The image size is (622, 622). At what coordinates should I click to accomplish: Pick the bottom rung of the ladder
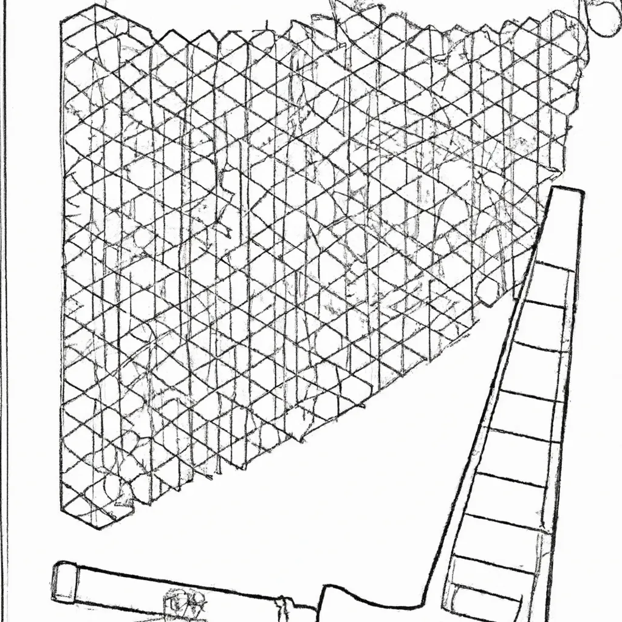point(486,590)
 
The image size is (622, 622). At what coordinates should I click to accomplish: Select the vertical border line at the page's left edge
point(5,304)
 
